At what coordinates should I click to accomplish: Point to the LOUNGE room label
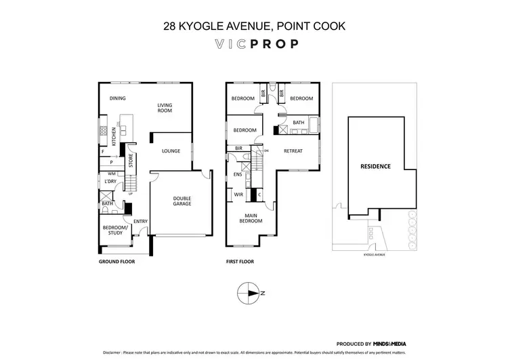[x=171, y=151]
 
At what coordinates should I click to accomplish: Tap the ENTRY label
[x=140, y=222]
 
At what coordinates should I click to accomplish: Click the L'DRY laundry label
[x=110, y=182]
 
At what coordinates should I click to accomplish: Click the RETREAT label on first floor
[x=293, y=151]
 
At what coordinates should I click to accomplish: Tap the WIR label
[x=238, y=195]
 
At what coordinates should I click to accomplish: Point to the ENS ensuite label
[x=238, y=174]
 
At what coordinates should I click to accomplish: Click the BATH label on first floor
[x=299, y=123]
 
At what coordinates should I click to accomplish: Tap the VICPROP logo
[x=254, y=45]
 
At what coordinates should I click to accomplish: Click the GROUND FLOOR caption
[x=118, y=261]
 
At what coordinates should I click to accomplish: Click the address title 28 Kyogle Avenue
[x=254, y=27]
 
